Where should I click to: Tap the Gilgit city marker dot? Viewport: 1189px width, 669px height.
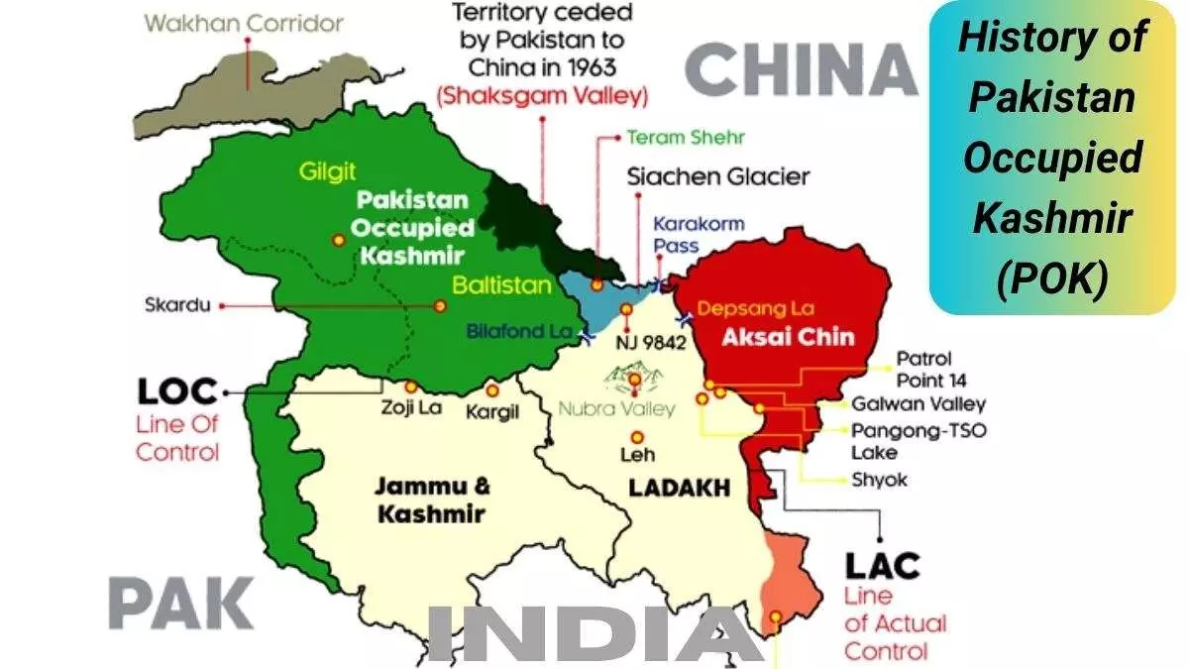(339, 239)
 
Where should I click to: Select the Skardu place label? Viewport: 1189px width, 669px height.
(177, 304)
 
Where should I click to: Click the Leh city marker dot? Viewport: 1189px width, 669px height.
(636, 437)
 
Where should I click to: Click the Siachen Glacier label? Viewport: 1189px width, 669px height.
(718, 177)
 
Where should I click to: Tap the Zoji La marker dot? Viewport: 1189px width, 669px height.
(411, 387)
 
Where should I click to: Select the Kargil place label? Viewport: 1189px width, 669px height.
(492, 411)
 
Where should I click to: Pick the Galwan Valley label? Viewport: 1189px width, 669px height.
(919, 403)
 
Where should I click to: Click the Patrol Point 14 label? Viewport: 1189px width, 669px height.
(930, 369)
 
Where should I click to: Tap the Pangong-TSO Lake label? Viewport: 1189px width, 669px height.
(919, 441)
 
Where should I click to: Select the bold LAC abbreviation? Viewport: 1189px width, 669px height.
(882, 566)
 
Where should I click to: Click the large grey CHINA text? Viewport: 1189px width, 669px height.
(802, 70)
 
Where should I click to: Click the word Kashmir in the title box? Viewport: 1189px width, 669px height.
(1052, 218)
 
